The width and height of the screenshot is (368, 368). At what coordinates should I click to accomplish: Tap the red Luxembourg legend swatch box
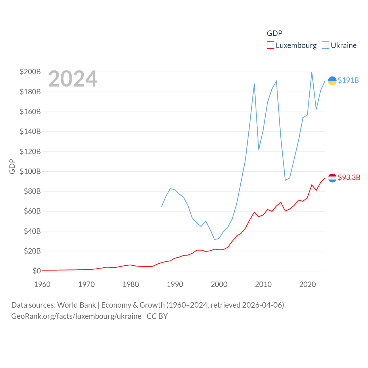point(270,45)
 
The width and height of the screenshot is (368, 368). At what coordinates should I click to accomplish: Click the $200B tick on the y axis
point(30,72)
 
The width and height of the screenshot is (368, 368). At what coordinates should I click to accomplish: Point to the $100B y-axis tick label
point(30,171)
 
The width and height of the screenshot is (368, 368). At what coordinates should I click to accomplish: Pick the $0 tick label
point(37,271)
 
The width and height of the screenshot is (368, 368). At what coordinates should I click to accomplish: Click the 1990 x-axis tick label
point(175,284)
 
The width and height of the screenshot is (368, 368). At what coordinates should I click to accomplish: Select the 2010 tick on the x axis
point(263,284)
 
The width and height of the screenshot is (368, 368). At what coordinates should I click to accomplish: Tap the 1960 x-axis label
point(42,284)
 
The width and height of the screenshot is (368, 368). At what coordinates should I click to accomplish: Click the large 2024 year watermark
point(73,79)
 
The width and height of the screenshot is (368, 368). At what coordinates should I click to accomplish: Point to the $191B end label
point(348,80)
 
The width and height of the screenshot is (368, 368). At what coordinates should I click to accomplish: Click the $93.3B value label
point(349,177)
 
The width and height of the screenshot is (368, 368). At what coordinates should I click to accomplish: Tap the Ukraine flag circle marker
point(332,81)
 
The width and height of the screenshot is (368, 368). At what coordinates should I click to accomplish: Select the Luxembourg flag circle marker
point(332,178)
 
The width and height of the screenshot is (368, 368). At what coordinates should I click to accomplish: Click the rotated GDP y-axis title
point(12,166)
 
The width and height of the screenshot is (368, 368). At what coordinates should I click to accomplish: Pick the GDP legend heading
point(275,33)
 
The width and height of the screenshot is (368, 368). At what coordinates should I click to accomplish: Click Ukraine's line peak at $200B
point(312,72)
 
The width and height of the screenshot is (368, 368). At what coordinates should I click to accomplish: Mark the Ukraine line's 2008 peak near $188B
point(254,84)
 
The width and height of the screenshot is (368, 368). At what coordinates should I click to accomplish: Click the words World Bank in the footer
point(77,305)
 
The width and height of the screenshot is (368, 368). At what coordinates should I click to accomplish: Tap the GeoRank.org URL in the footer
point(76,316)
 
